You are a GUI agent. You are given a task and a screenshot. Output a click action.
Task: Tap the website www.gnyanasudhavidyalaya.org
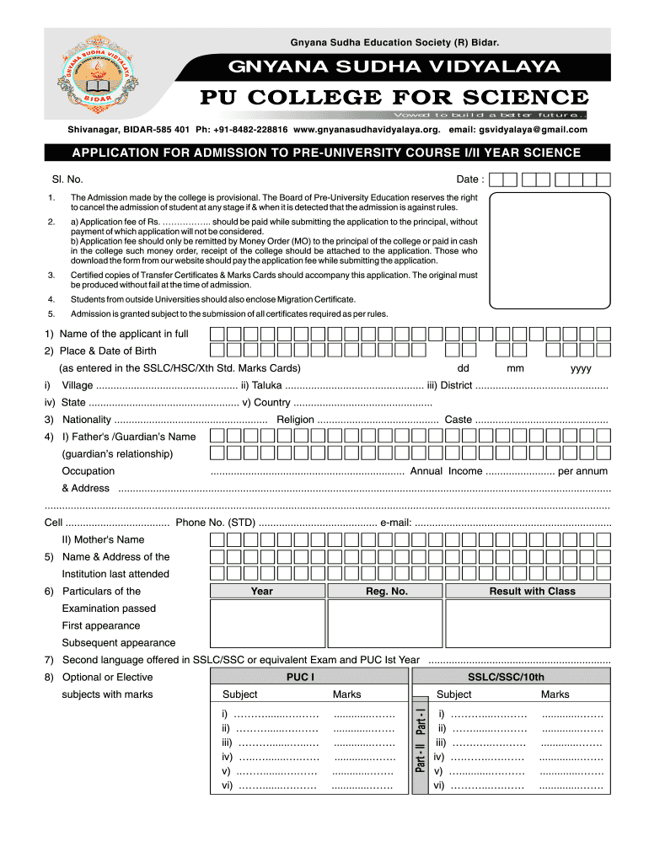pos(367,130)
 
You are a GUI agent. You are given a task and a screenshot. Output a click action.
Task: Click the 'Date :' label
pos(470,180)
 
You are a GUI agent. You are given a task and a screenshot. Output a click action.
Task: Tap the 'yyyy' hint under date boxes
pos(581,368)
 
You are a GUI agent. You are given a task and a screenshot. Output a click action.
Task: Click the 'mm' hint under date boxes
pos(516,368)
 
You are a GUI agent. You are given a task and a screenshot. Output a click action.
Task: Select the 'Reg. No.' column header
pos(386,591)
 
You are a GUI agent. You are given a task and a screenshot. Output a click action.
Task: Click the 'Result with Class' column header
pos(532,591)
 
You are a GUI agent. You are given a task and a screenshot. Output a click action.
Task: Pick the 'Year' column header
pos(262,591)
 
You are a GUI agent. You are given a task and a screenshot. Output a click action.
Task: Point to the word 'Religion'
pos(295,420)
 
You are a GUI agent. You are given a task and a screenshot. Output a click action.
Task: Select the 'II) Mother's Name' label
pos(103,539)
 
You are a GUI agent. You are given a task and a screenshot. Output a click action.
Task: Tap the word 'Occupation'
pos(88,471)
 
